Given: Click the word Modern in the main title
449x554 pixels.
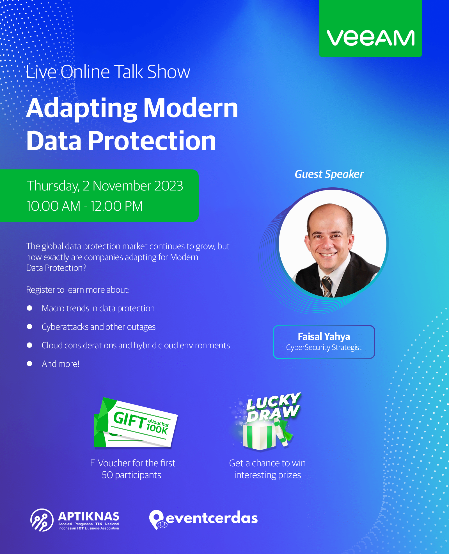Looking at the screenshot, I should tap(191, 108).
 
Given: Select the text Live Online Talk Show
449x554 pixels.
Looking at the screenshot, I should tap(108, 72).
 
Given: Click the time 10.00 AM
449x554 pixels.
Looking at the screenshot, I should tap(53, 206).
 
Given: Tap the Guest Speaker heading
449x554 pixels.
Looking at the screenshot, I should tap(329, 174).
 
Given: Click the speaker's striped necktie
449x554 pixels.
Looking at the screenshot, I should tap(327, 287).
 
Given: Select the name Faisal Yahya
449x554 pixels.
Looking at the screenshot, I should tap(324, 336).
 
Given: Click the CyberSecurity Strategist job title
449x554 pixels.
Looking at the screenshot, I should tap(324, 348).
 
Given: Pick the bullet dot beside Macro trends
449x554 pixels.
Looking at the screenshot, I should tap(29, 308).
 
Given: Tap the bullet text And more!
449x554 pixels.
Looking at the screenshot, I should tap(61, 364).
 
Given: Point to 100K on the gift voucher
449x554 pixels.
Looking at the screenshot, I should tap(157, 429).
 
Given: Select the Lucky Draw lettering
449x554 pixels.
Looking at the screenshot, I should tap(273, 406).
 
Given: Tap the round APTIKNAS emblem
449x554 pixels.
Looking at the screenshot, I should tap(42, 520).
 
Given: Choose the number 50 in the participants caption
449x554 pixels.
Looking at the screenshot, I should tap(107, 475).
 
